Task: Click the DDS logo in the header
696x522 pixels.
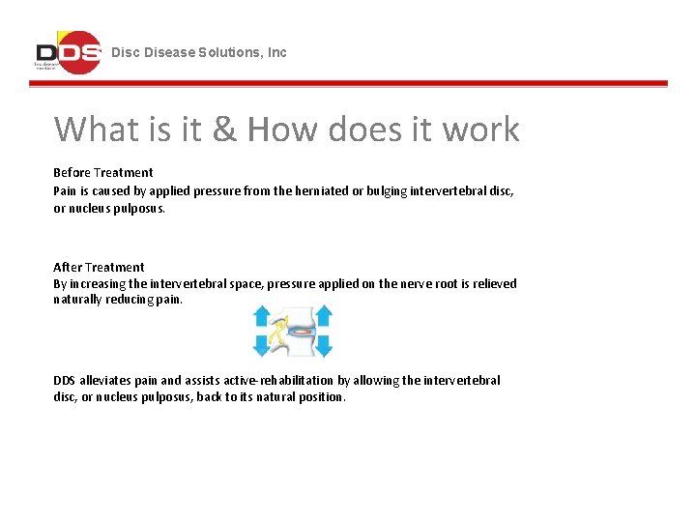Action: coord(68,52)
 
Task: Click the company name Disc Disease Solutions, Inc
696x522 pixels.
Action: coord(199,52)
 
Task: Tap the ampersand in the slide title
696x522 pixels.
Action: coord(224,129)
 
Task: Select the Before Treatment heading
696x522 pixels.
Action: coord(103,173)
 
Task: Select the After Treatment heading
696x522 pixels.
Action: coord(99,268)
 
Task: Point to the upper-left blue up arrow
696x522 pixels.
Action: coord(263,317)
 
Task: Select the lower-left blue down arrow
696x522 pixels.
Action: coord(263,344)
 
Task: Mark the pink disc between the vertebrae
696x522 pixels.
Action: coord(302,331)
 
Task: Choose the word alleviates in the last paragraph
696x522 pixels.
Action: coord(109,381)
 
